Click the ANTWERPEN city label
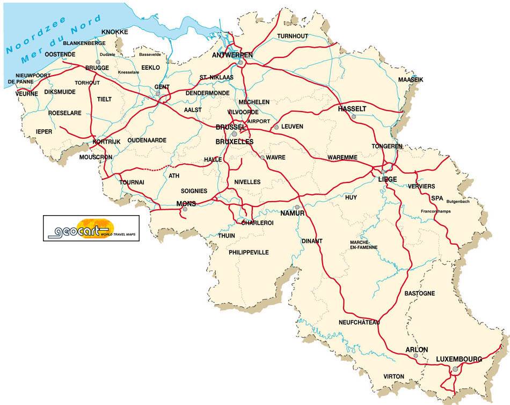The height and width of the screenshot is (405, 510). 232,55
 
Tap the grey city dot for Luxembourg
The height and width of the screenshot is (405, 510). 455,369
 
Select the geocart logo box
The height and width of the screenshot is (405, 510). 91,228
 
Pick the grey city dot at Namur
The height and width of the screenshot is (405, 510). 296,207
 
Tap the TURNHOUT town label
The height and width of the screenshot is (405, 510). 293,36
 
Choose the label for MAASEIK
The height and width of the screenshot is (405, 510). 411,79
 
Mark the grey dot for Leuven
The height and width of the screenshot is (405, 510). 276,127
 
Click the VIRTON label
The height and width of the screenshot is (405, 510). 394,377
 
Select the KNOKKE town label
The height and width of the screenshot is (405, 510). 115,32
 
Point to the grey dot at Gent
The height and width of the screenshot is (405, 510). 158,94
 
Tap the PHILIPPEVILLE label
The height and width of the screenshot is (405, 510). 248,252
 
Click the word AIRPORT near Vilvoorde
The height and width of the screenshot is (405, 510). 259,121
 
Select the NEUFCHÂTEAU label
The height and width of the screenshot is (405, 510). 359,322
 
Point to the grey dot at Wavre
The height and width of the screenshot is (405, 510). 262,158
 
